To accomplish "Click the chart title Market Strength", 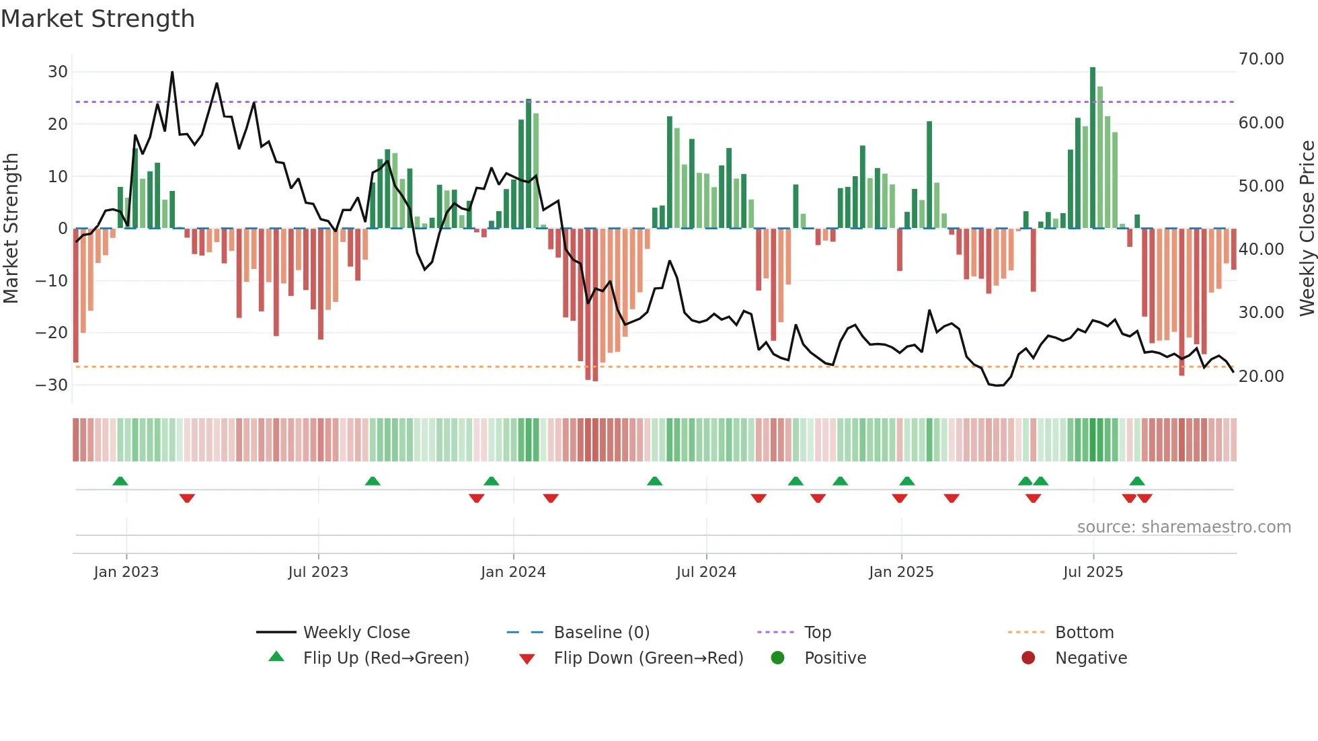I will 98,19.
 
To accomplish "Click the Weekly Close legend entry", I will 356,633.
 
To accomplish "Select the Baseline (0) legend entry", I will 601,633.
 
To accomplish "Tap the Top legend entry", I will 817,633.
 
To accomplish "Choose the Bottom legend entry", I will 1084,633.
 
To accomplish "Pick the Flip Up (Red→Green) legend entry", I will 385,658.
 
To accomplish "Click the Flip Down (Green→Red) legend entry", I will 648,658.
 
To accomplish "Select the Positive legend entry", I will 835,658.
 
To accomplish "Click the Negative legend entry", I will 1091,658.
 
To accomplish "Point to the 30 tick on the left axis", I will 58,72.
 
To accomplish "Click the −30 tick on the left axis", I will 52,385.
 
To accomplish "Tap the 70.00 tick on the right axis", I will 1261,59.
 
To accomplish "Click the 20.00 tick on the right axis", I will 1261,377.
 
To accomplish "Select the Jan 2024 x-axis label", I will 513,572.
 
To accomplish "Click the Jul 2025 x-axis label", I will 1093,572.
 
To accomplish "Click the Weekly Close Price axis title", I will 1307,229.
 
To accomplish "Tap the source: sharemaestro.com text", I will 1184,527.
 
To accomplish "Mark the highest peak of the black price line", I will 172,72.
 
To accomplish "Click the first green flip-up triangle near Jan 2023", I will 120,481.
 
